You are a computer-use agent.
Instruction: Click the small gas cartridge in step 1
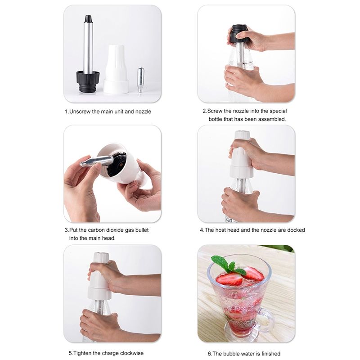click(x=140, y=80)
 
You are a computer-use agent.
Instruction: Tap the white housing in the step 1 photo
click(x=116, y=69)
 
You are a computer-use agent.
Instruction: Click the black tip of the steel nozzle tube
click(x=88, y=19)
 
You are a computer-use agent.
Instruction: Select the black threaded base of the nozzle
click(x=88, y=81)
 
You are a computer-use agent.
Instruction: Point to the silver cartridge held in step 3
click(x=96, y=161)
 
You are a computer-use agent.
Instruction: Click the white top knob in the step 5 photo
click(x=101, y=256)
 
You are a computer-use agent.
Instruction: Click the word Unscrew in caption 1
click(x=80, y=112)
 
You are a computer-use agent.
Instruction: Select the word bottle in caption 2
click(x=216, y=119)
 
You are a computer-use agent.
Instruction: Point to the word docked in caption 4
click(x=296, y=230)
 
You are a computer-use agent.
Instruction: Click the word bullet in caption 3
click(x=142, y=230)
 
